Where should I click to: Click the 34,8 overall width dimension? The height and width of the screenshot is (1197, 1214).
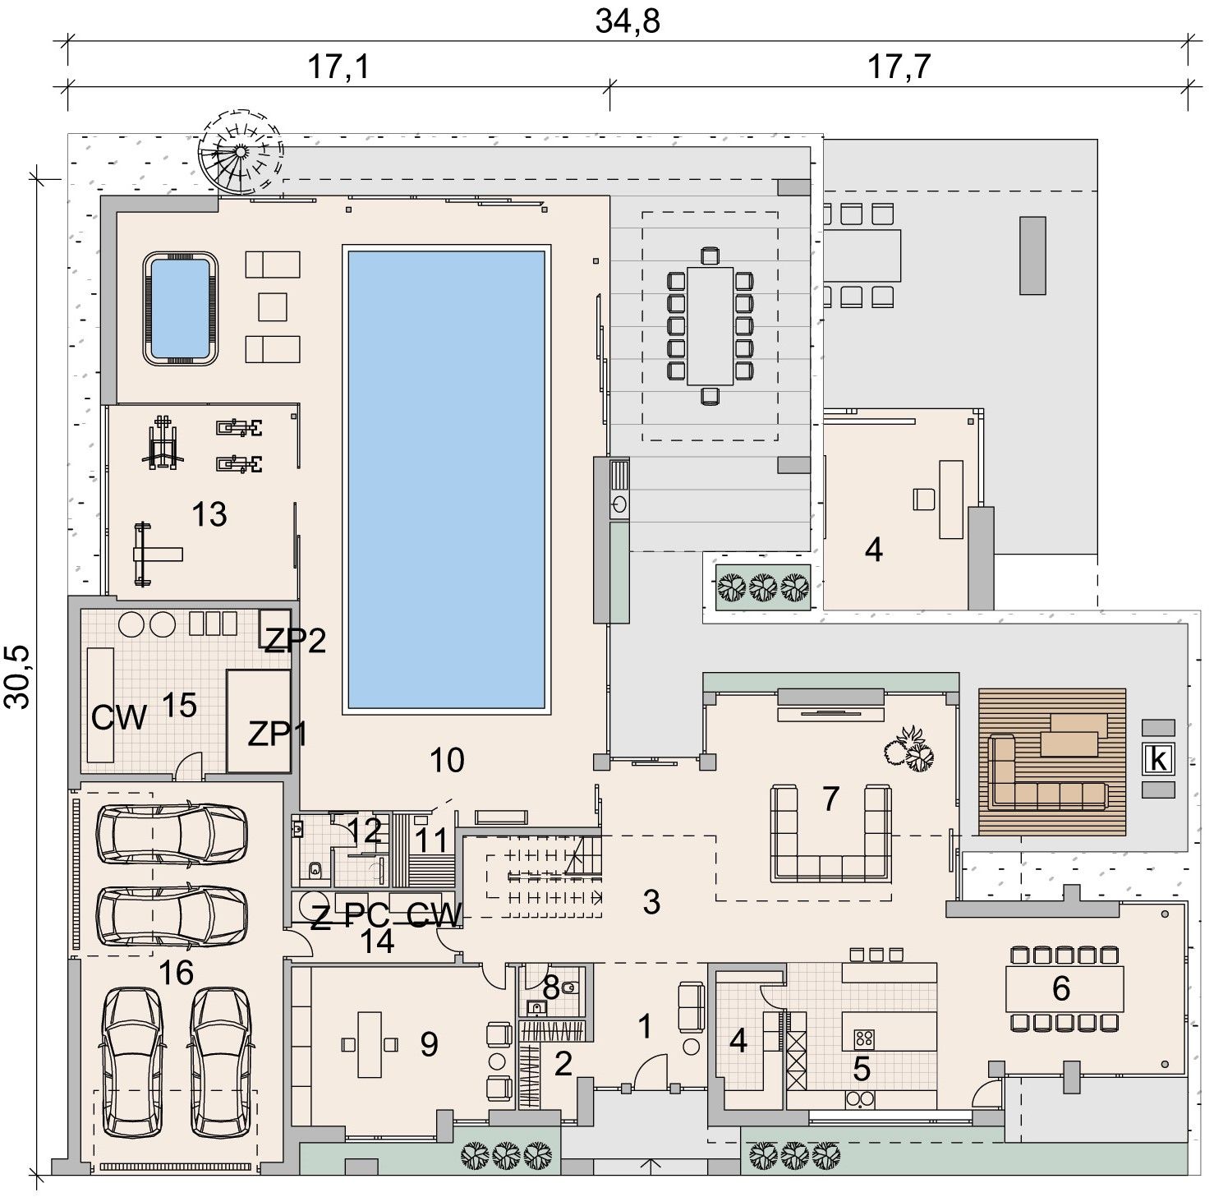pos(628,21)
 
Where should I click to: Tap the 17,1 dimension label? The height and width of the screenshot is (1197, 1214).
pos(338,67)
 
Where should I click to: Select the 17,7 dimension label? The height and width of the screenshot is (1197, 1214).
pos(899,67)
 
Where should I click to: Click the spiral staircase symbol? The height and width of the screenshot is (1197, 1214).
pos(241,151)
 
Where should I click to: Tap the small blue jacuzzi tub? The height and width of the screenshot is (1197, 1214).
pos(182,308)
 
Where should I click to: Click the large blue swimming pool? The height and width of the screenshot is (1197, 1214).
pos(446,480)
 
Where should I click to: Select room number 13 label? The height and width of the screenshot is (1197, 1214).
pos(209,515)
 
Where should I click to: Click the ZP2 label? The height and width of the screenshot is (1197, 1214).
pos(294,639)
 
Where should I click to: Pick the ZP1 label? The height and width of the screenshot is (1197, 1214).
pos(278,734)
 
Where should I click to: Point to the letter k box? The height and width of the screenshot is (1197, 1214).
pos(1159,759)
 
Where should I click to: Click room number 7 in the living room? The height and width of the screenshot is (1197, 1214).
pos(830,798)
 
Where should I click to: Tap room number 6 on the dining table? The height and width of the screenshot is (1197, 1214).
pos(1060,988)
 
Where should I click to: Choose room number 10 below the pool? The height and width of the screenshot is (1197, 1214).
pos(448,760)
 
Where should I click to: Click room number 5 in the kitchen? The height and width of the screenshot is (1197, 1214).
pos(862,1068)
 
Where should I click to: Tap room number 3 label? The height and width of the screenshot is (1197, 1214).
pos(651,902)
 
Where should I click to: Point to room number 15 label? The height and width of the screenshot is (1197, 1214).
pos(179,704)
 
